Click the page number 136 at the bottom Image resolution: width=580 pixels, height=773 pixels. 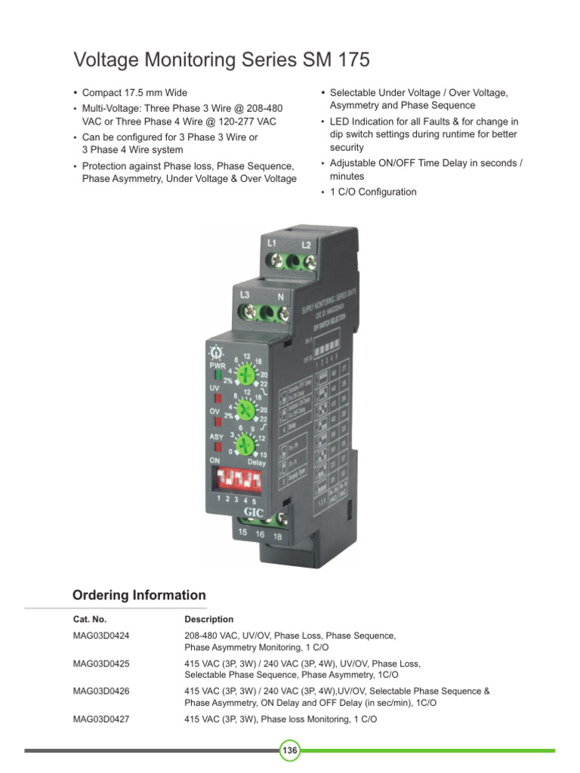(x=290, y=750)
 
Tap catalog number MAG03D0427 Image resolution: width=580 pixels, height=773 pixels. (x=101, y=719)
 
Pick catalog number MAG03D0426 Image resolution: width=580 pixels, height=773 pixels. (x=101, y=691)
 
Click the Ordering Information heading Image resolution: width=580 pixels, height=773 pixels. (x=139, y=595)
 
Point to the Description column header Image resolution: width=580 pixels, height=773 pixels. (x=209, y=619)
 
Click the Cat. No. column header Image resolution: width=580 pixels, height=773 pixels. (x=90, y=619)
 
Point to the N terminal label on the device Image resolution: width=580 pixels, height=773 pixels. (x=280, y=297)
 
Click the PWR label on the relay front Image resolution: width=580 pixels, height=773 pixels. (x=217, y=365)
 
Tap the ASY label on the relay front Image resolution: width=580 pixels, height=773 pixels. (x=216, y=437)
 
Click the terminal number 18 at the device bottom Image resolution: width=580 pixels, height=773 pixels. (x=278, y=536)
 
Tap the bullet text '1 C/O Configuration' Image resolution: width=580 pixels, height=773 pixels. (x=373, y=192)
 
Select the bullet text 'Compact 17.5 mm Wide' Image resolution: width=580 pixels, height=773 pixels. (x=134, y=93)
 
